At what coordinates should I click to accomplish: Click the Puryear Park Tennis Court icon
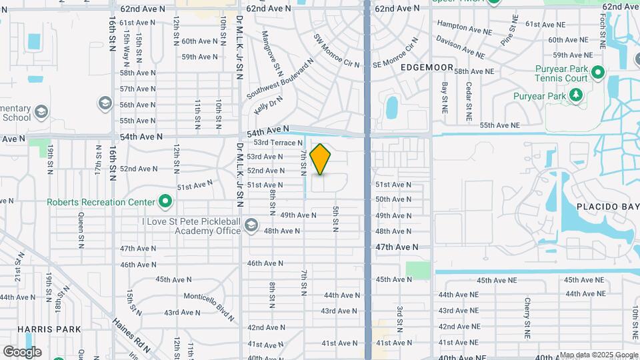(598, 72)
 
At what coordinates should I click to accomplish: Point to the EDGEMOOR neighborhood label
(427, 68)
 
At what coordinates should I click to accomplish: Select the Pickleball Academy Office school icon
(251, 226)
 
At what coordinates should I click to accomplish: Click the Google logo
(22, 352)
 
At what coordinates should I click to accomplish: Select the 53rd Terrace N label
(278, 143)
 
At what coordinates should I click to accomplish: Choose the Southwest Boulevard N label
(280, 80)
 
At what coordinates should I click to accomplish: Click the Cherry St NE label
(527, 316)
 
